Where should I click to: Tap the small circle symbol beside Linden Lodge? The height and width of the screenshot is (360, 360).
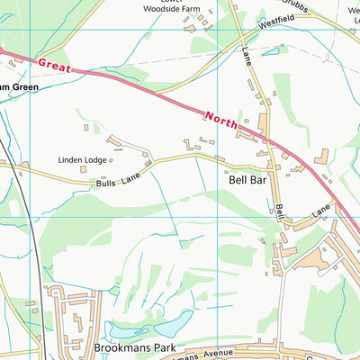tap(109, 160)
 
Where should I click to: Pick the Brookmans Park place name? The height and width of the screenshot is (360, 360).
tap(137, 346)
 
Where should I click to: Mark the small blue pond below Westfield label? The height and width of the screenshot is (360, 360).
tap(269, 53)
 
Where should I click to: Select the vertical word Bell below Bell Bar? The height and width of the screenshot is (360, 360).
tap(281, 212)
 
